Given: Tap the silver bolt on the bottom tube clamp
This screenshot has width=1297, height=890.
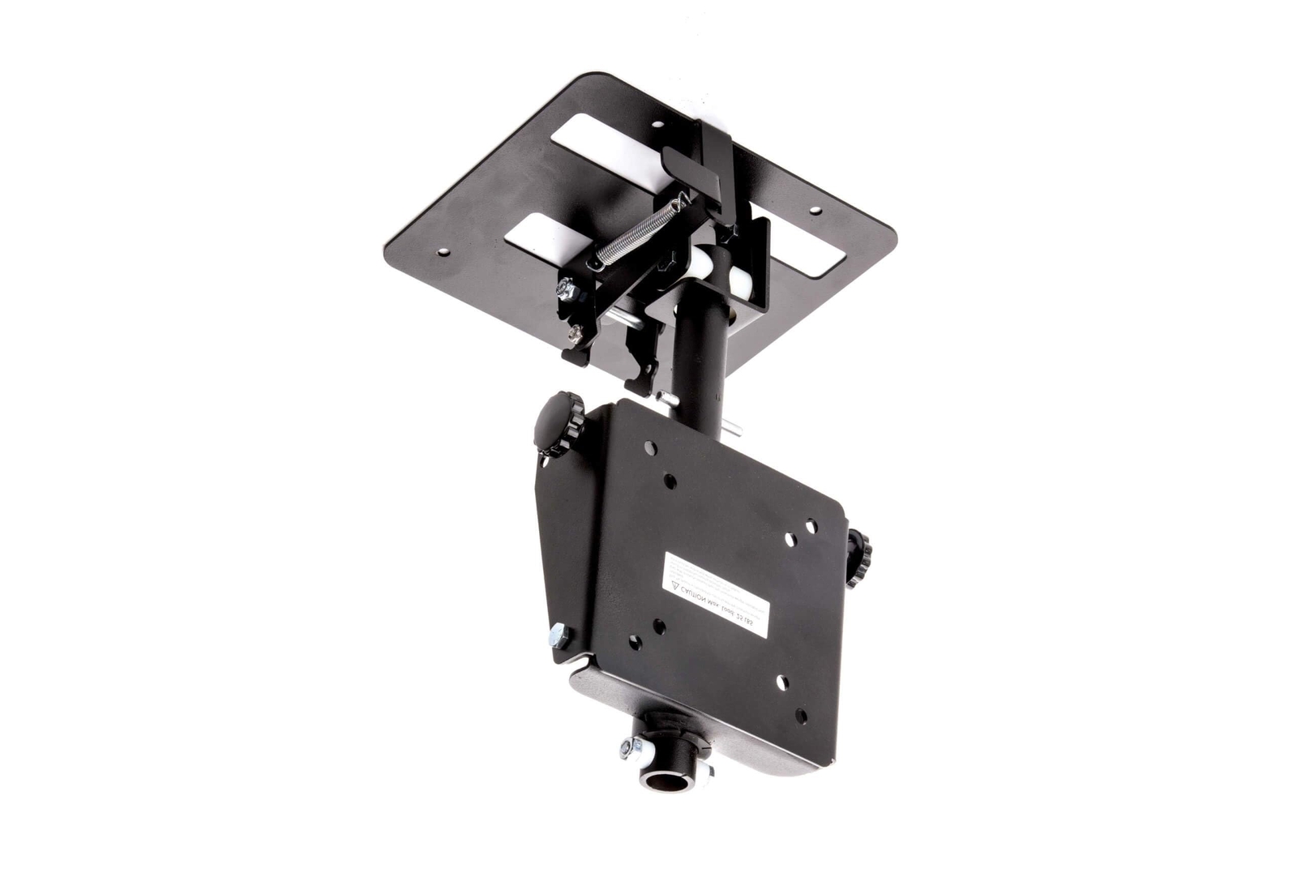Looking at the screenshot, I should coord(627,747).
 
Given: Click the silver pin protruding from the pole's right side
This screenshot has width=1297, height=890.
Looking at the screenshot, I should coord(734,430).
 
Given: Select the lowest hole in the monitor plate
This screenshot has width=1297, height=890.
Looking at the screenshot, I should coord(800,716).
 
